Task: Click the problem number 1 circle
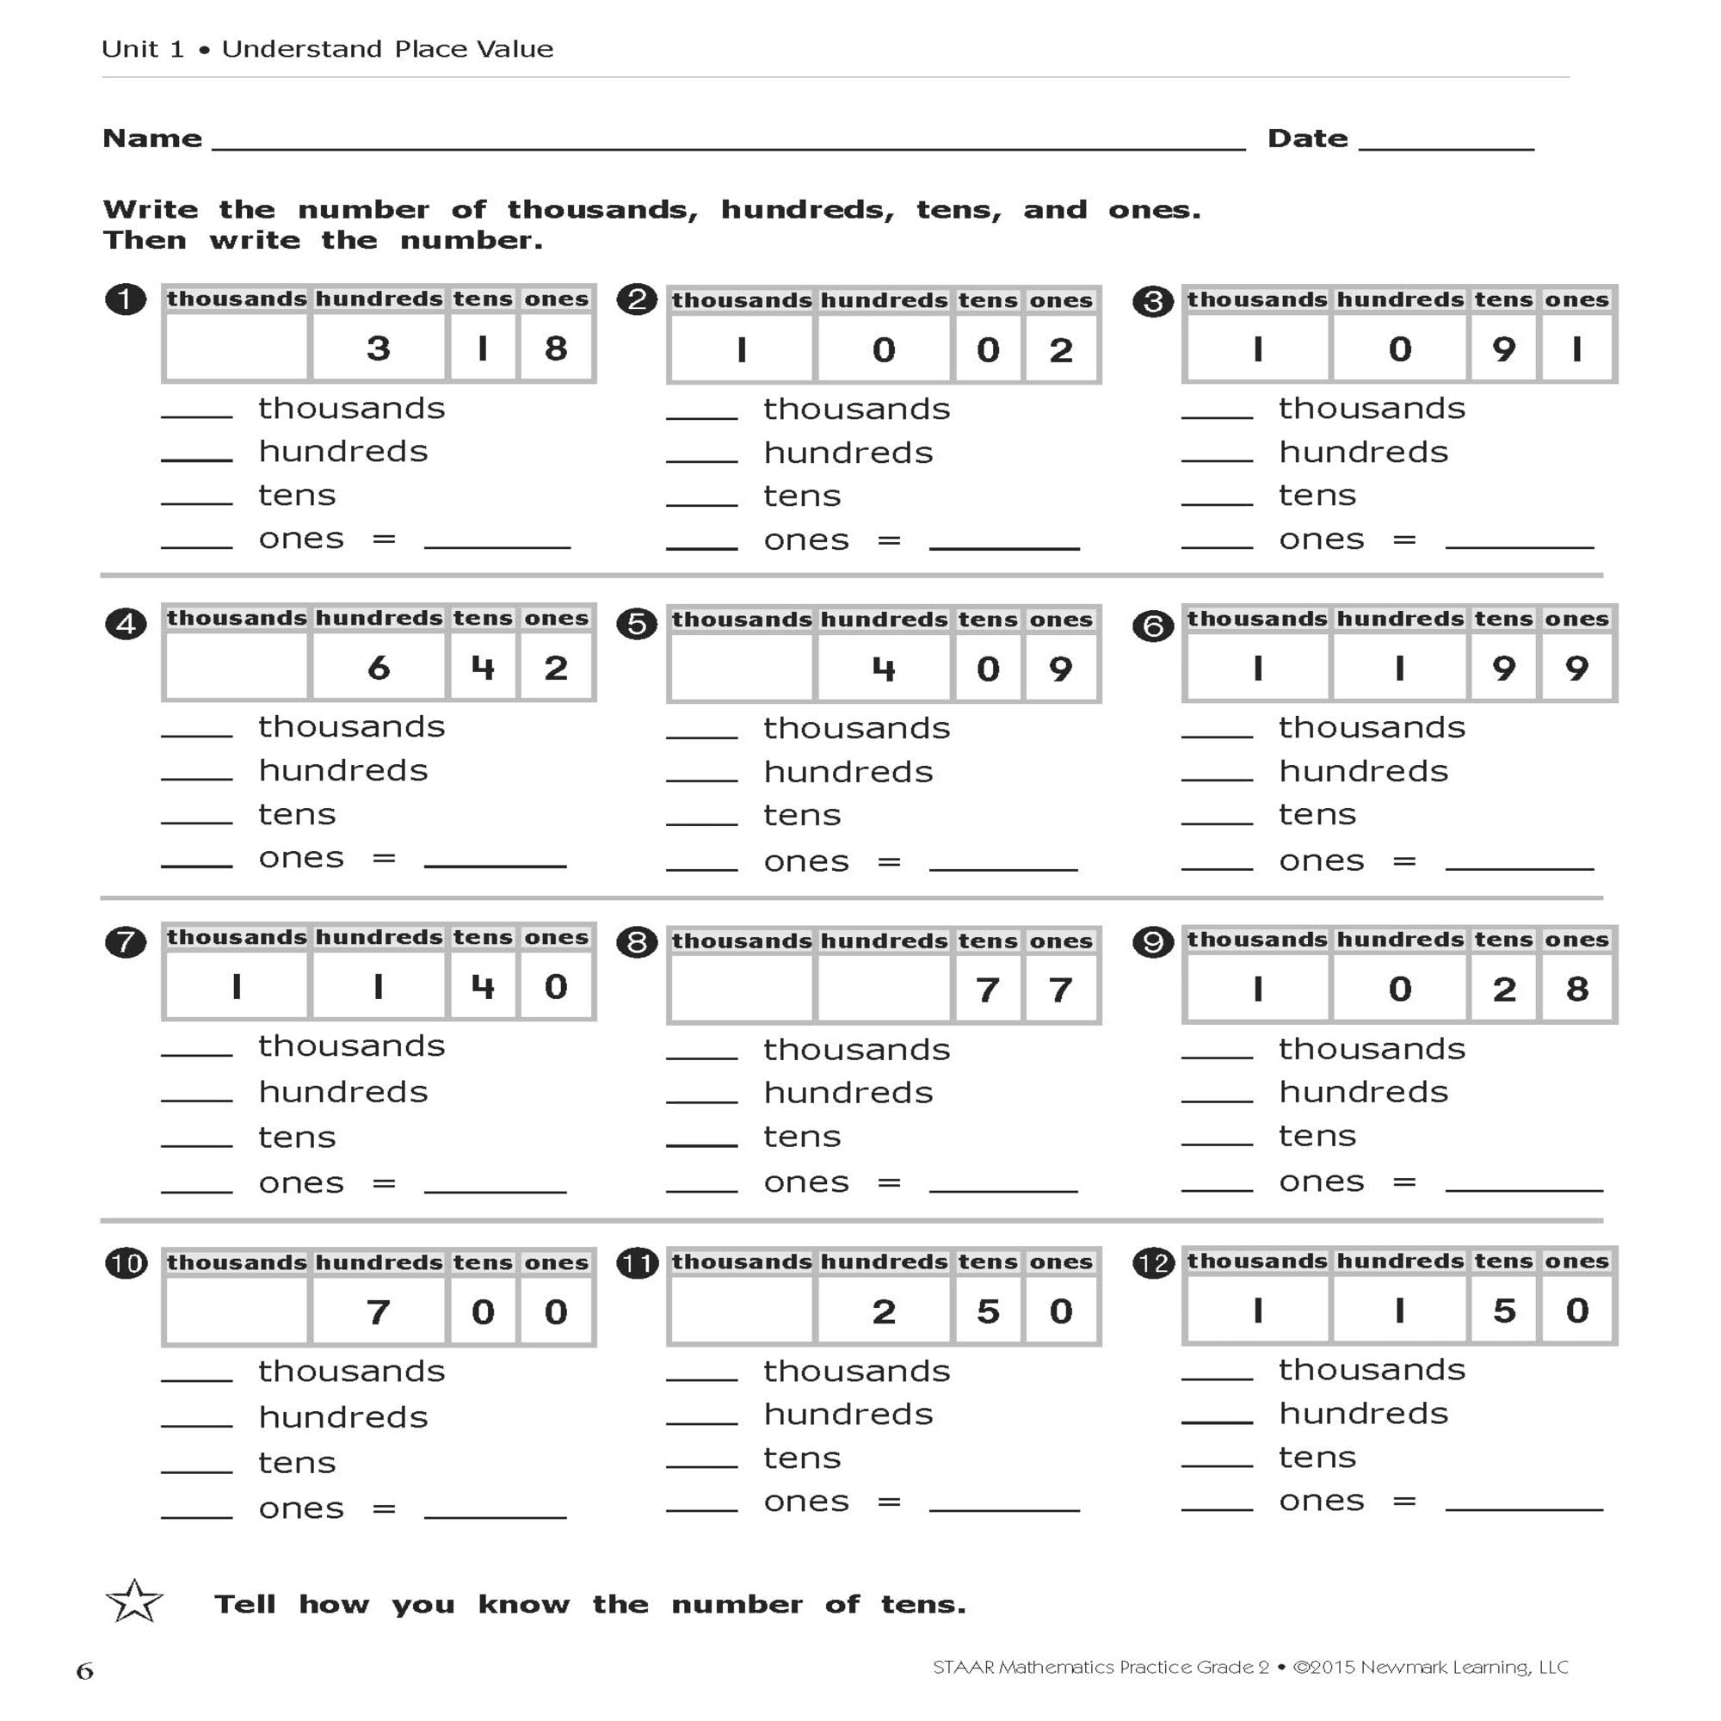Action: [126, 299]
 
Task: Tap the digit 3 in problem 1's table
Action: [379, 349]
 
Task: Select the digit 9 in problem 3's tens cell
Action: [1503, 349]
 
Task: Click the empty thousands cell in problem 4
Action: [236, 668]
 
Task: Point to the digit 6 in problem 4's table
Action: [379, 668]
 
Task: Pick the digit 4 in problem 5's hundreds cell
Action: [883, 669]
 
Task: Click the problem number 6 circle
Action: [1153, 626]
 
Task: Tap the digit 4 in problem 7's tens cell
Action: [483, 987]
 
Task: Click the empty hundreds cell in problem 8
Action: [883, 990]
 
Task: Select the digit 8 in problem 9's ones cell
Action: [1576, 989]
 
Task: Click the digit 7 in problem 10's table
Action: [379, 1312]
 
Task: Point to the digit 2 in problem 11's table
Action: [883, 1311]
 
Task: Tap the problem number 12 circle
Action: [1153, 1263]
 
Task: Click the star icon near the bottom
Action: [134, 1602]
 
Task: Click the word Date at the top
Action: [1307, 139]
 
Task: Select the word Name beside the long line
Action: [152, 139]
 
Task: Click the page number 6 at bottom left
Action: [84, 1670]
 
